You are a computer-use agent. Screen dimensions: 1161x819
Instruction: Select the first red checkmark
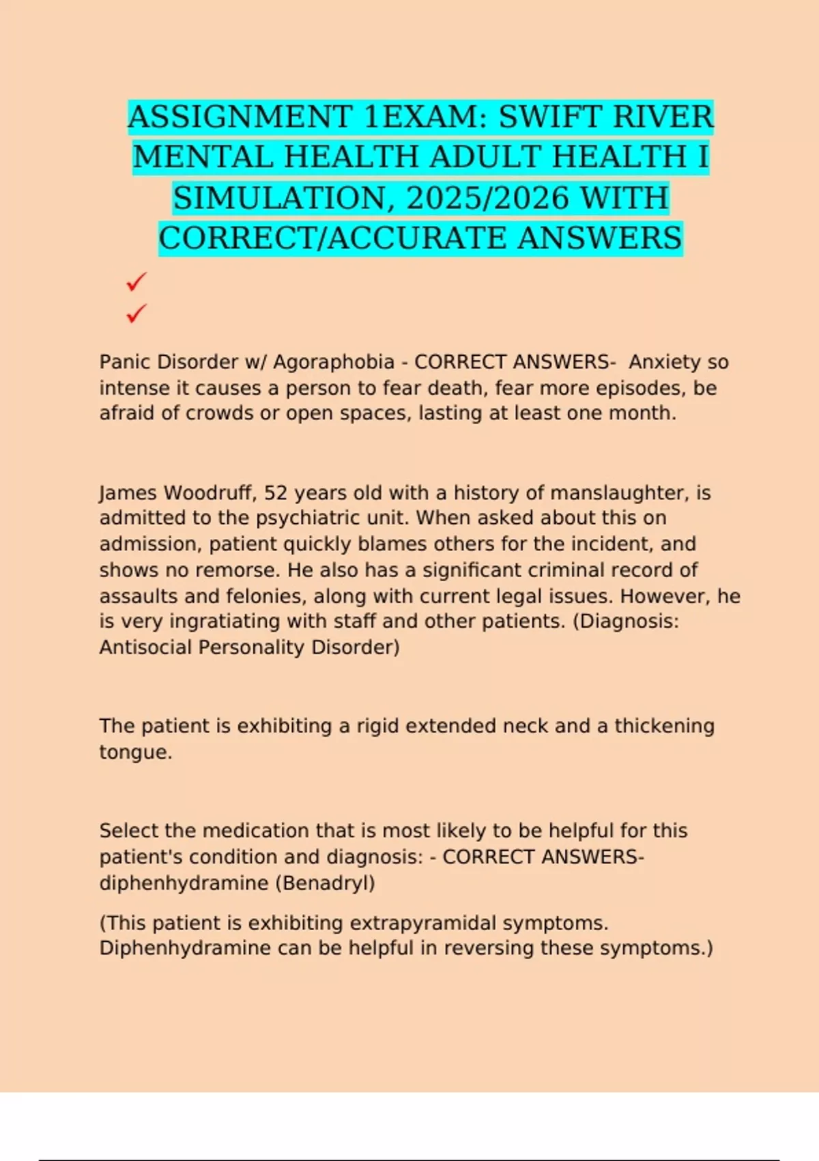pos(136,281)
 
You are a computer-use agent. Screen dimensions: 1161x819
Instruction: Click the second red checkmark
pos(136,313)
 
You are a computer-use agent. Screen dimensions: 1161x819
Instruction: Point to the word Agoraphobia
pos(334,362)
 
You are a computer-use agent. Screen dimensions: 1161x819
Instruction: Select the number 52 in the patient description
pos(275,492)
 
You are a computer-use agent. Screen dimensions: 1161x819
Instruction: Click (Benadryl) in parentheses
pos(325,883)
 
